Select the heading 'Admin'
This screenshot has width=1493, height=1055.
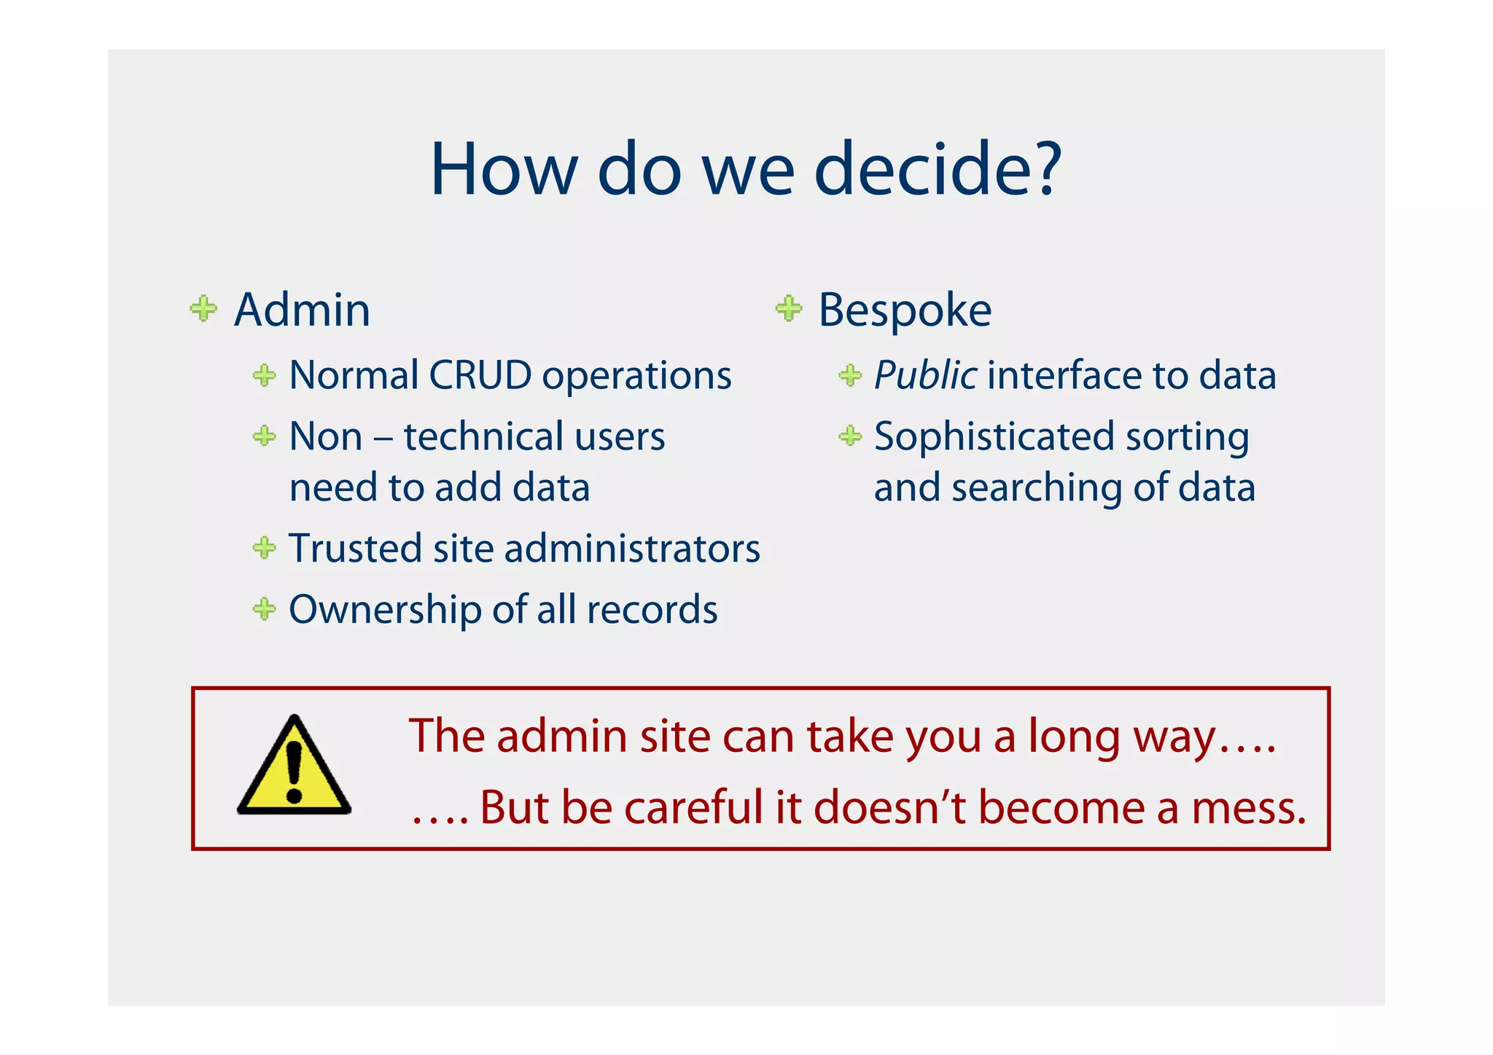(x=302, y=310)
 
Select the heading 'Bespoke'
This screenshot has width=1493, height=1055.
(x=904, y=310)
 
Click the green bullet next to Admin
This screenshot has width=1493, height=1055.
(x=203, y=308)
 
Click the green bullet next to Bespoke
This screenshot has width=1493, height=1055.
(x=789, y=308)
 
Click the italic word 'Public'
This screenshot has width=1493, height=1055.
(x=924, y=376)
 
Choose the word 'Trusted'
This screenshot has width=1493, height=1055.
(x=355, y=549)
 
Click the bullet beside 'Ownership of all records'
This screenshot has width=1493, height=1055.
(x=264, y=608)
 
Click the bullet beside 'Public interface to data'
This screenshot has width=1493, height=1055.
(x=850, y=376)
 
